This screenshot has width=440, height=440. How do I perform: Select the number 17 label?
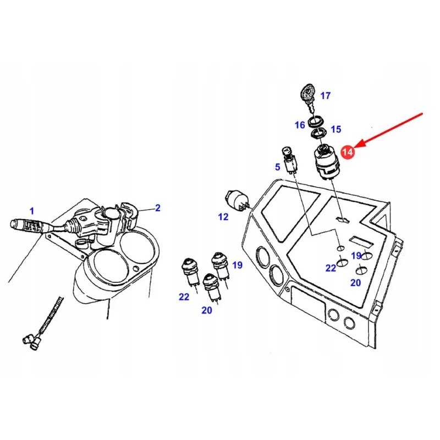(325, 96)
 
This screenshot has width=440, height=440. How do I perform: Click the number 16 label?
(300, 125)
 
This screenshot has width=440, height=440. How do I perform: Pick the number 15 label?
(335, 130)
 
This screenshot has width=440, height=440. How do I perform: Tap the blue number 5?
(278, 167)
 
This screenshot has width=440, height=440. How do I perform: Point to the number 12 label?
(223, 217)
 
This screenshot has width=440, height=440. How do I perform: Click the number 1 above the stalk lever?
(32, 211)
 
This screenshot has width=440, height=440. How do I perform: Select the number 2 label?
(157, 208)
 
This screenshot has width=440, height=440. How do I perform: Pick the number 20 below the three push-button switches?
(206, 311)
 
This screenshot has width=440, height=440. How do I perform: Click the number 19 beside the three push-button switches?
(237, 265)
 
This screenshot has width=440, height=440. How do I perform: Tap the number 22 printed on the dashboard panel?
(331, 268)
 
